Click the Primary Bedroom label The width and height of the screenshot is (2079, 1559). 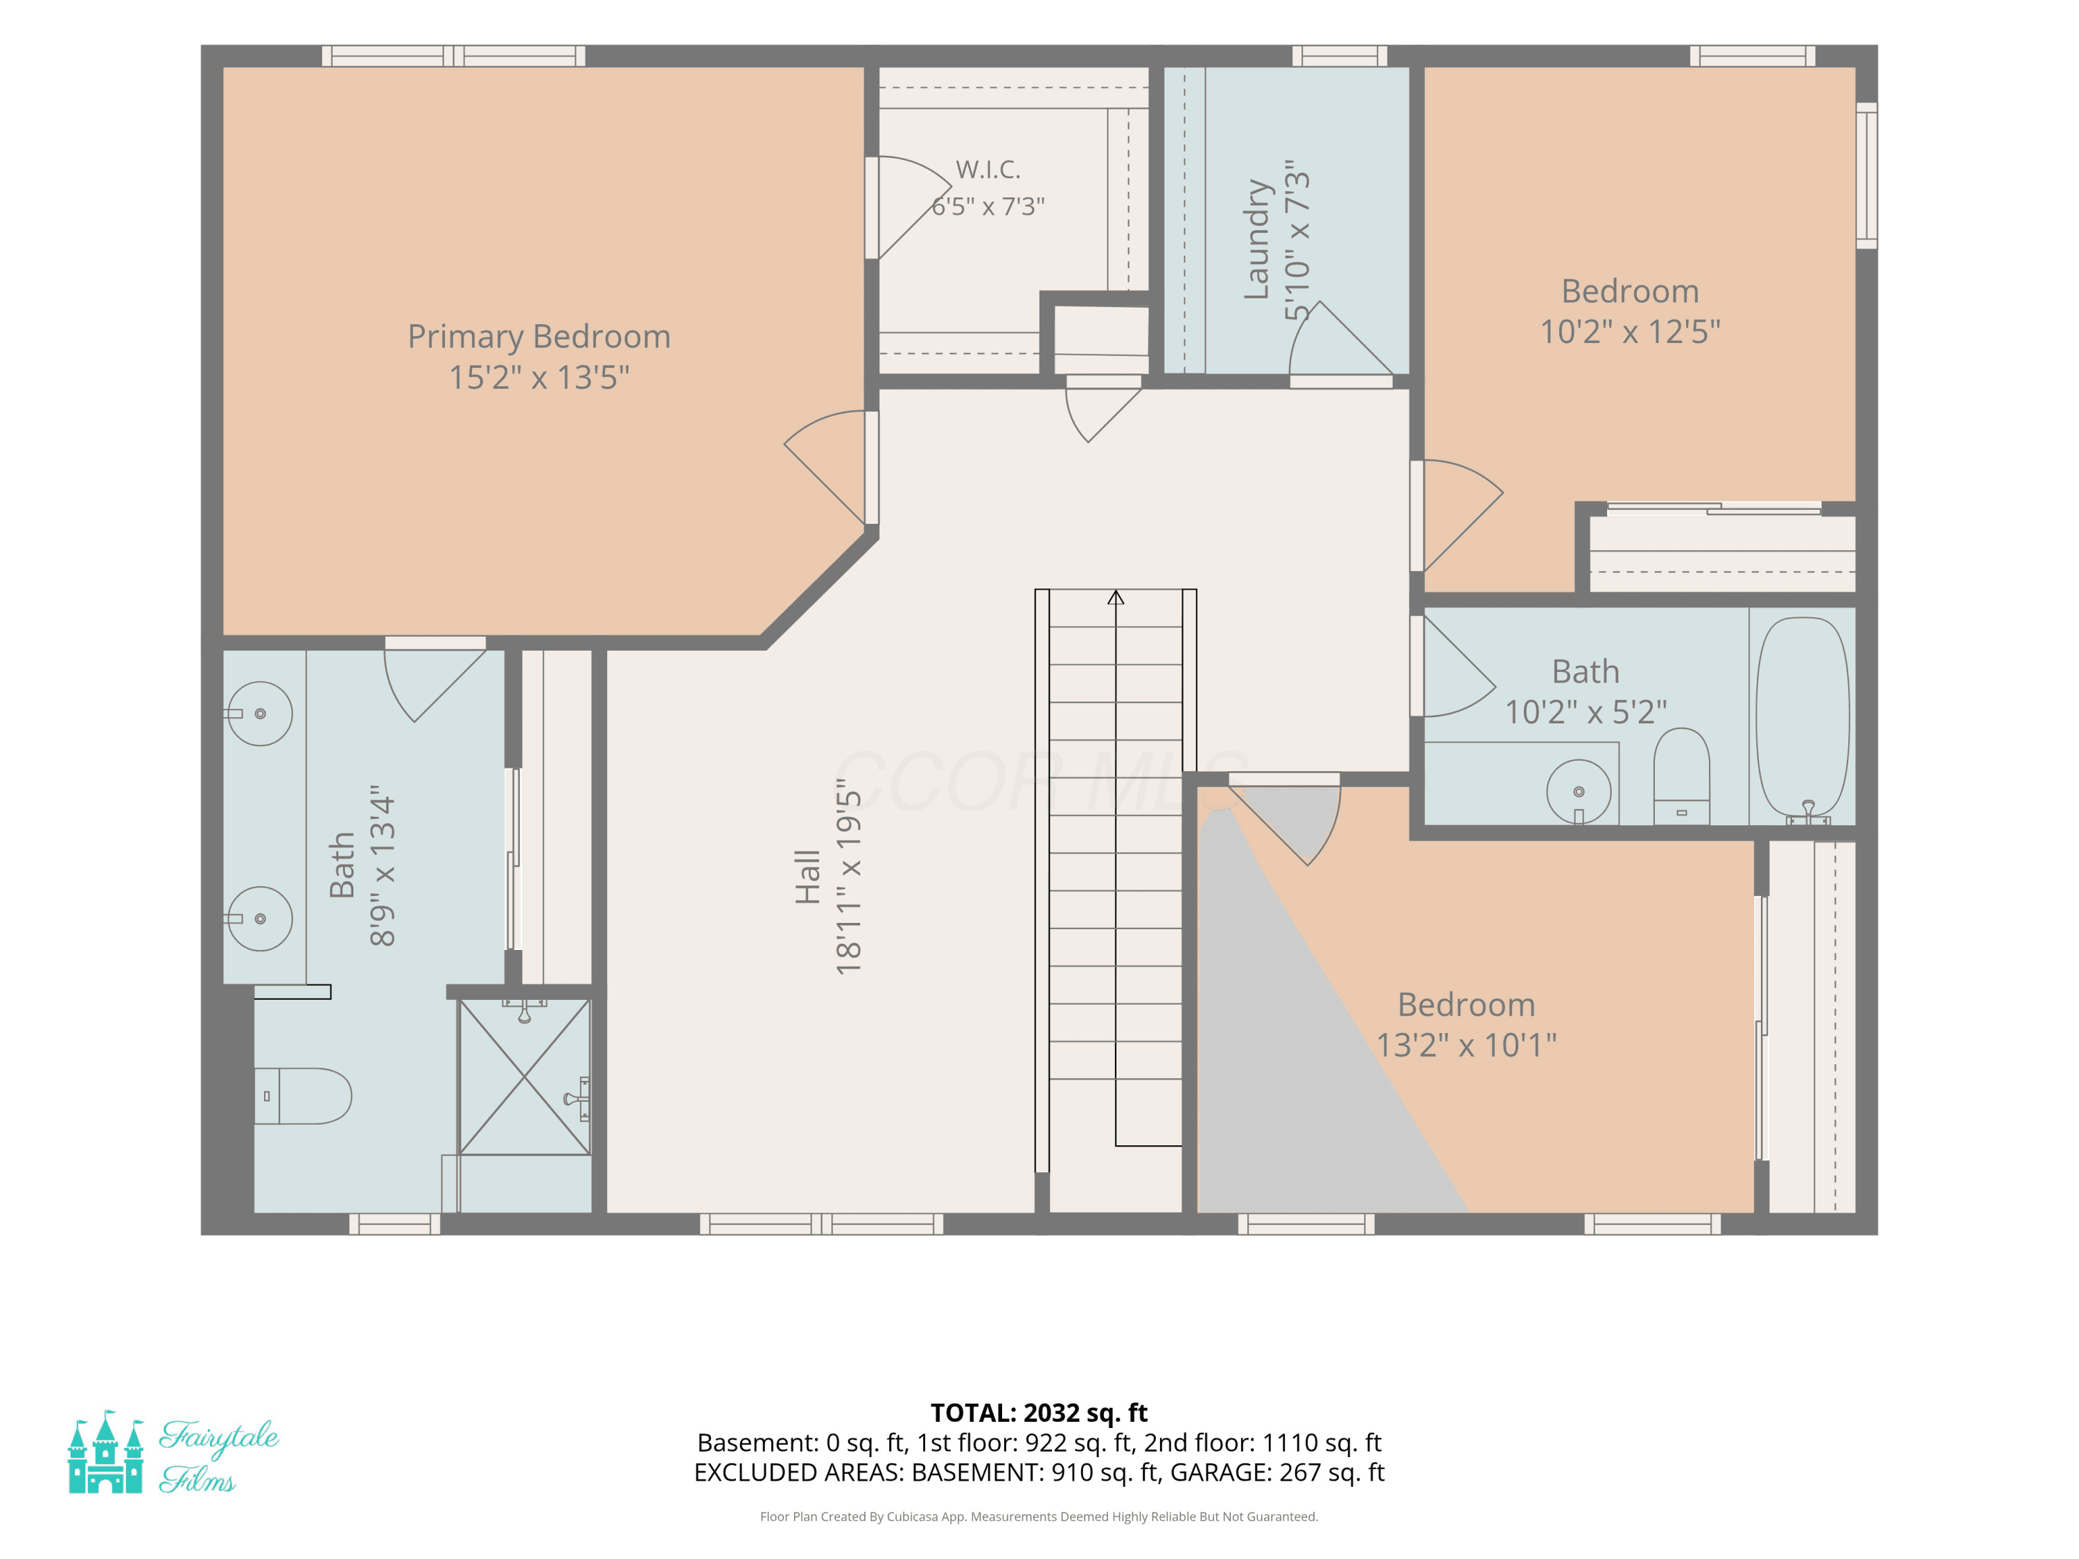(538, 337)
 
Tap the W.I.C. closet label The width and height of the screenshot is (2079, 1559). (988, 169)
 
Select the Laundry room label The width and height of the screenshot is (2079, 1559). (1256, 240)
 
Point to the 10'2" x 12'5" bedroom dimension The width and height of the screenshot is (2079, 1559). (1630, 332)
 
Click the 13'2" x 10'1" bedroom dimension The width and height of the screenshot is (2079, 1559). (1466, 1045)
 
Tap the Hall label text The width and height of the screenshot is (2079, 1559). (807, 877)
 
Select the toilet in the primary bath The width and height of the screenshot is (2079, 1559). (303, 1095)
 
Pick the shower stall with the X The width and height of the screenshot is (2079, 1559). (525, 1077)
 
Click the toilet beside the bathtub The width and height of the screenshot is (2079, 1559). (1681, 776)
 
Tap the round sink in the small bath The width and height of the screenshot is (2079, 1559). (1578, 792)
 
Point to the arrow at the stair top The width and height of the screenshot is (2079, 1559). (1116, 597)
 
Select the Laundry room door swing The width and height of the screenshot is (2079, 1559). (1340, 338)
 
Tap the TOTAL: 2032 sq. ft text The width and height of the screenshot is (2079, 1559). (1039, 1412)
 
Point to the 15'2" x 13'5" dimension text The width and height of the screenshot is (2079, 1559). (538, 378)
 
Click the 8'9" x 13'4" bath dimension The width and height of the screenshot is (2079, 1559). (382, 865)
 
